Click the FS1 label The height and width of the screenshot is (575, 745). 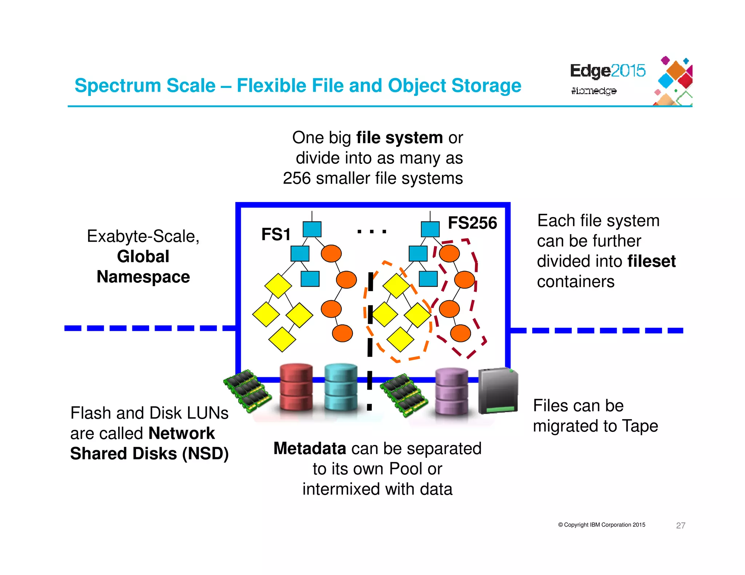tap(276, 234)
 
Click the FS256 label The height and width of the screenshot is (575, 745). tap(472, 223)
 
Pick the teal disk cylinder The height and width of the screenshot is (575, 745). tap(340, 387)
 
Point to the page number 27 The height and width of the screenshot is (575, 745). tap(680, 525)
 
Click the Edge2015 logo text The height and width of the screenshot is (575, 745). tap(607, 71)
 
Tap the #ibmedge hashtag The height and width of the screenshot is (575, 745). tap(593, 91)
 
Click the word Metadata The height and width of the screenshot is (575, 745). tap(310, 449)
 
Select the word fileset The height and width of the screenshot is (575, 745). tap(651, 261)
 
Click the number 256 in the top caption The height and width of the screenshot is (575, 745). tap(296, 178)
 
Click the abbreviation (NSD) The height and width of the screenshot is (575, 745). tap(205, 454)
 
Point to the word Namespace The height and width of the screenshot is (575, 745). tap(143, 277)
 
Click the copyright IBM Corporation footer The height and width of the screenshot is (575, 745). tap(601, 525)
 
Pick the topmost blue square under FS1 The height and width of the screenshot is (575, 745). tap(312, 229)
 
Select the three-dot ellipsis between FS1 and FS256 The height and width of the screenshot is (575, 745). tap(371, 231)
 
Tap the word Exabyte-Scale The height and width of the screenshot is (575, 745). tap(143, 236)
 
